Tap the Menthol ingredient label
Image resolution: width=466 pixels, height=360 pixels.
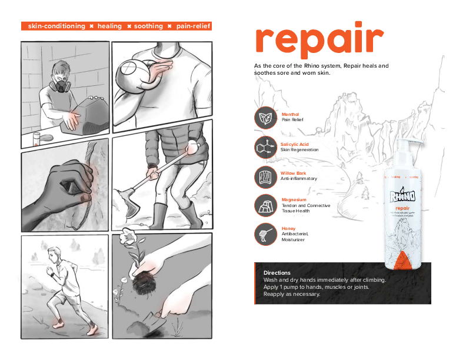(x=290, y=114)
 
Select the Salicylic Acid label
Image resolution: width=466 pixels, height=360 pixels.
(x=295, y=144)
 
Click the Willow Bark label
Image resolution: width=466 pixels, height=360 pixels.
(x=292, y=173)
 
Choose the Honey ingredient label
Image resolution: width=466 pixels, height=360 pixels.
(x=288, y=228)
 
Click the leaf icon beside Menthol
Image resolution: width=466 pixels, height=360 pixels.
(x=265, y=116)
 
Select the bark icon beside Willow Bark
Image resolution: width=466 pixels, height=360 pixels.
(x=265, y=176)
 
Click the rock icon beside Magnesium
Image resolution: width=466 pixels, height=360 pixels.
(x=265, y=205)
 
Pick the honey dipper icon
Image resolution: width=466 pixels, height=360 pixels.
(x=265, y=234)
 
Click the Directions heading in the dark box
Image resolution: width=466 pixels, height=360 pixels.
(x=277, y=273)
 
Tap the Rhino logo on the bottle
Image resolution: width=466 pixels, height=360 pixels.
(x=402, y=195)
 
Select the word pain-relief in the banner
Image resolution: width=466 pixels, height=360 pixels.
(x=193, y=26)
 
